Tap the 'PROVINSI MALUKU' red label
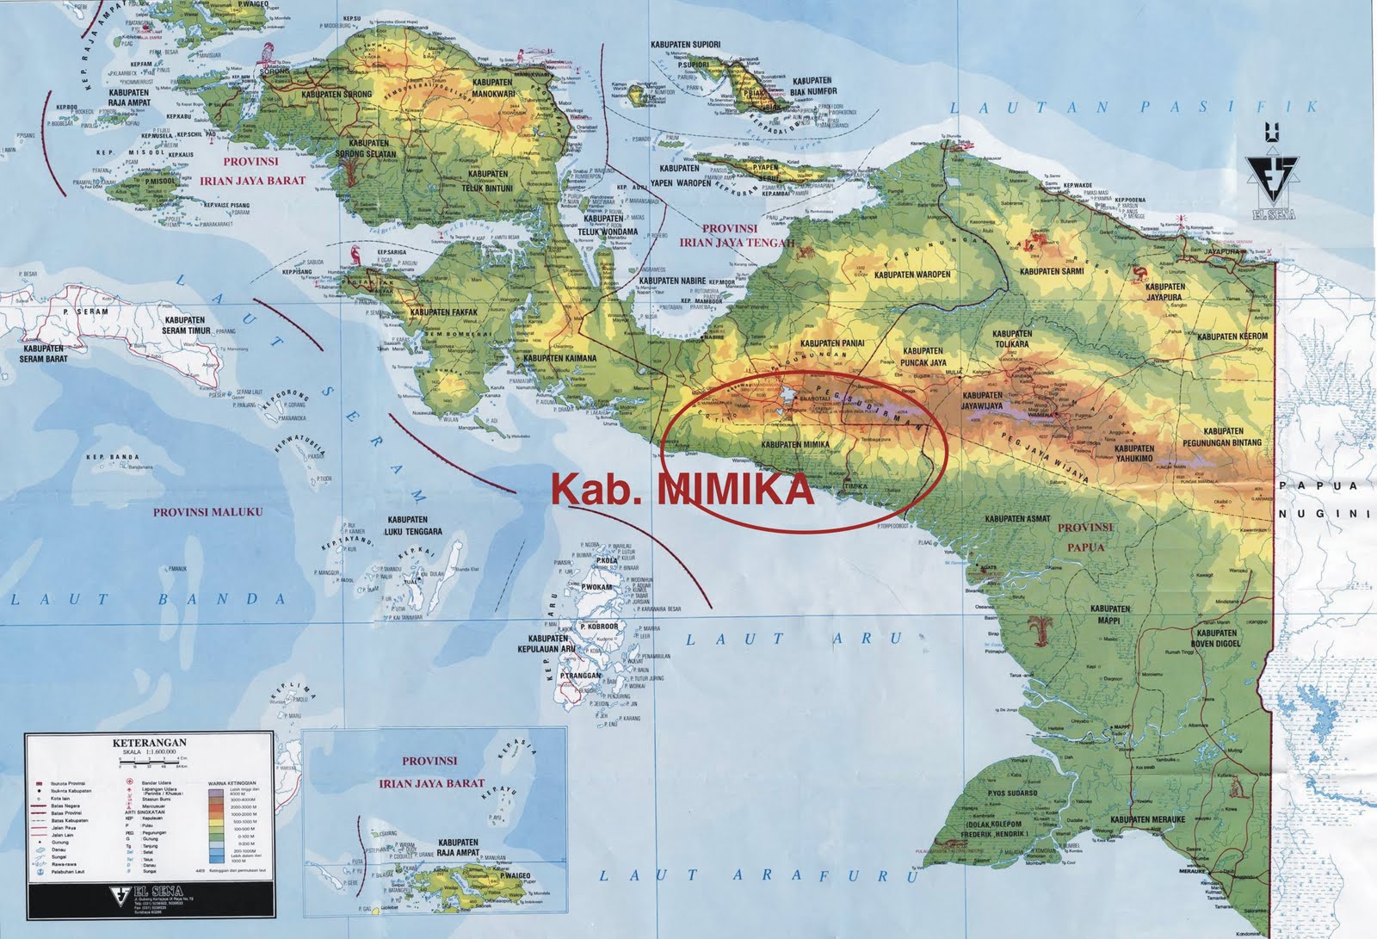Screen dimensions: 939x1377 (207, 511)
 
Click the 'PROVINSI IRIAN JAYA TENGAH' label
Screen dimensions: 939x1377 (729, 235)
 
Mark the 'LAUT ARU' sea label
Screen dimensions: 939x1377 (791, 639)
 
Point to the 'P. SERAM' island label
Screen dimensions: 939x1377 (93, 312)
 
